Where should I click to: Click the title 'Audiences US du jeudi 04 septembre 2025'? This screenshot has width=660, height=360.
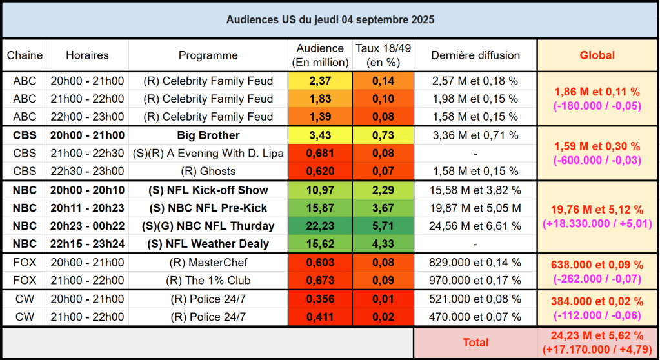coord(330,20)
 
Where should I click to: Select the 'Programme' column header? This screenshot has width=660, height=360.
coord(208,55)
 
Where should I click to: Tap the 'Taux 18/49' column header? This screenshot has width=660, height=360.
coord(383,55)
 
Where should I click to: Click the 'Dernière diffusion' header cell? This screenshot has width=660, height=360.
coord(475,55)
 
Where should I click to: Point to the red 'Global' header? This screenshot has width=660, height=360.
coord(598,55)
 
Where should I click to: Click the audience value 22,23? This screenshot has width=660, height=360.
coord(320,226)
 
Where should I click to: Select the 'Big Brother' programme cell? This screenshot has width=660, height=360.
coord(208,135)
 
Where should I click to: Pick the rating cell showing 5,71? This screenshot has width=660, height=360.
coord(383,226)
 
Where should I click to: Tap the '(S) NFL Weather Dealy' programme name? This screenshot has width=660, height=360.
coord(208,244)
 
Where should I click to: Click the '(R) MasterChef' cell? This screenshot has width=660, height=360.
coord(208,263)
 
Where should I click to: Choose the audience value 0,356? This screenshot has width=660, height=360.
coord(320,299)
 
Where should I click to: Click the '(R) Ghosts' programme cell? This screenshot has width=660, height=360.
coord(208,172)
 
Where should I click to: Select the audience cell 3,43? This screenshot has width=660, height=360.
coord(320,135)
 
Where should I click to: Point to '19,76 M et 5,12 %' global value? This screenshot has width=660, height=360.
coord(598,209)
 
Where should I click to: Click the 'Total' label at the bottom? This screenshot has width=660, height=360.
coord(475,343)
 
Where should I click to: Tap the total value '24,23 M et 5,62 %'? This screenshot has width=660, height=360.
coord(598,335)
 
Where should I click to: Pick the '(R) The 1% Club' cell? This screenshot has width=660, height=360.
coord(208,281)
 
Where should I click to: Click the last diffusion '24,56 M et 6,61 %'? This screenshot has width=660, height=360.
coord(475,226)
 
